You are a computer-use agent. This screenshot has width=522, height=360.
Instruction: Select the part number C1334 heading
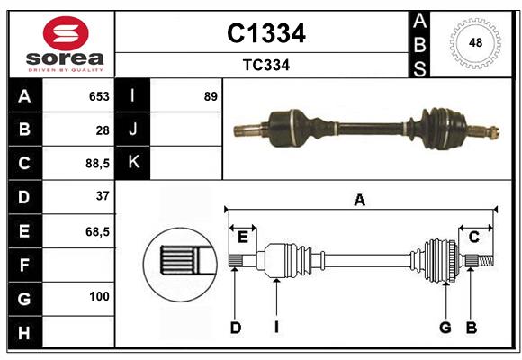point(265,33)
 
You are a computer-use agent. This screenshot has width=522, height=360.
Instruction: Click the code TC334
point(265,66)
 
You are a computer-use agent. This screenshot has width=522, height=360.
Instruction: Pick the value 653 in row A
point(98,96)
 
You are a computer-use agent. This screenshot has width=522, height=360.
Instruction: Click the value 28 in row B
point(102,130)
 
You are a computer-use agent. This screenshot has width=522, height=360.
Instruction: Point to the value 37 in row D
point(102,196)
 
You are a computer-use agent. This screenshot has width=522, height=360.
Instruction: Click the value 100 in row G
point(99,297)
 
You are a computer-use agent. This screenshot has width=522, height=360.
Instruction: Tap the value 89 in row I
point(211,96)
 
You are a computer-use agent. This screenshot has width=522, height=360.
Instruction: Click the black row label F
point(23,265)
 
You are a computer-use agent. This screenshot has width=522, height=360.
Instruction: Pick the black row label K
point(133,163)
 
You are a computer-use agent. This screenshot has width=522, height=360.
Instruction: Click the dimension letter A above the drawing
point(360,201)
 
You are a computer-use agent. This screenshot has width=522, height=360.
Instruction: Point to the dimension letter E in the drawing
point(242,237)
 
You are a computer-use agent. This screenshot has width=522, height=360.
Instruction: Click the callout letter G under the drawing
point(445,328)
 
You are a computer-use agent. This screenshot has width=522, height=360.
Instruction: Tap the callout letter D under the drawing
point(235,328)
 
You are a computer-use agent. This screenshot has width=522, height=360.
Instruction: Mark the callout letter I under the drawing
point(277,328)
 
